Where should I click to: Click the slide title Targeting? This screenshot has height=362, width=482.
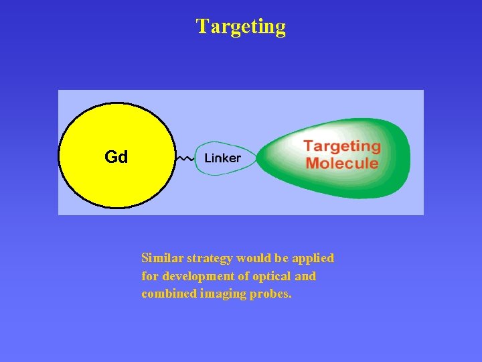point(240,27)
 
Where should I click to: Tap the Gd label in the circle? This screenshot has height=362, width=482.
point(116,158)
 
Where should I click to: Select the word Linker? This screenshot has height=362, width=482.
point(222,159)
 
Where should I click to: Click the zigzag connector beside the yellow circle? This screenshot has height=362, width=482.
point(185,159)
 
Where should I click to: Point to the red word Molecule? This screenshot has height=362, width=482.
point(341,163)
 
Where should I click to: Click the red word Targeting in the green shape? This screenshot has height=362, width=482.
point(341,147)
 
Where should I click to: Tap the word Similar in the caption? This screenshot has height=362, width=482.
point(162,258)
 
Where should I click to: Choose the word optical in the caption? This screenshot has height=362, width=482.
point(270,276)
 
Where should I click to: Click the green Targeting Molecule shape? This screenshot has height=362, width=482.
point(388,181)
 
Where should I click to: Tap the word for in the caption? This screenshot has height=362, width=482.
point(150,276)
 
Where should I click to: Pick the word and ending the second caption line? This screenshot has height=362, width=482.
point(305,276)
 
